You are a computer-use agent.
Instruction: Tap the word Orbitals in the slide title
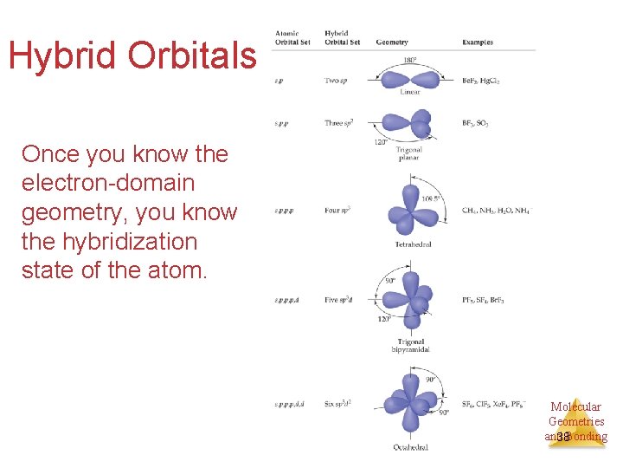click(x=193, y=55)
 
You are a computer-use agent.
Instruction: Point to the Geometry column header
click(x=392, y=42)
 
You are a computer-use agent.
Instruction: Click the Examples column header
click(x=478, y=42)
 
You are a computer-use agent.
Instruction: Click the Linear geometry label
click(x=410, y=92)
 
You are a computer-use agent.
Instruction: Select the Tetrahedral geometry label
click(x=413, y=244)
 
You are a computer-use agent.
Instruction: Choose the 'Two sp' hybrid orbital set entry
click(x=337, y=81)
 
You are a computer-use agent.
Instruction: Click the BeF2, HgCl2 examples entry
click(x=481, y=81)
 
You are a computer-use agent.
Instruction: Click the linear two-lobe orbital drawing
click(x=410, y=79)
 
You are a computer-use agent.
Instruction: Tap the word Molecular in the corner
click(x=575, y=406)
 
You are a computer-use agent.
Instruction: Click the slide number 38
click(x=563, y=437)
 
